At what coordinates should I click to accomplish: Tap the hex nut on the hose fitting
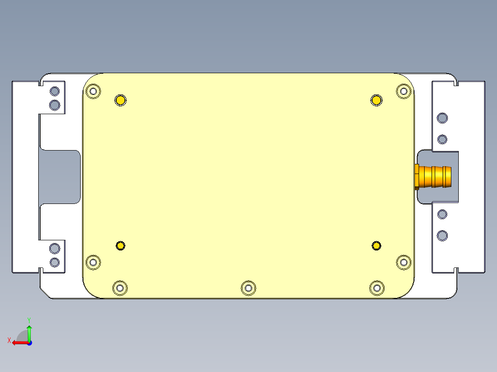[417, 176]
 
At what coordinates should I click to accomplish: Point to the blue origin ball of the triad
[29, 343]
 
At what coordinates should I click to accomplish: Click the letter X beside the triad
[9, 340]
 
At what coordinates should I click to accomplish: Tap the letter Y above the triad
[29, 320]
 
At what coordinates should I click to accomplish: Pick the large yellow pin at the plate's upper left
[120, 100]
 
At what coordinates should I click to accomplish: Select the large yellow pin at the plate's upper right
[377, 100]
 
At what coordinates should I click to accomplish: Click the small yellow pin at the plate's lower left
[120, 246]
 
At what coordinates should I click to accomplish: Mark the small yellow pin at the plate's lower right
[377, 246]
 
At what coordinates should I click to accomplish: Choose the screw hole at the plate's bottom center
[248, 288]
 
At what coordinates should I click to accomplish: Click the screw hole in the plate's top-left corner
[94, 91]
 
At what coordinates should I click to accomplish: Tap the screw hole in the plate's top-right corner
[403, 91]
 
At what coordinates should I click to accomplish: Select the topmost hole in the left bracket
[54, 91]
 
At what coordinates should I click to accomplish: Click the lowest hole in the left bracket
[54, 262]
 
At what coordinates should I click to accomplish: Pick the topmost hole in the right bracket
[442, 118]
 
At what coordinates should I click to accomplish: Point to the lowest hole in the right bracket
[442, 236]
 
